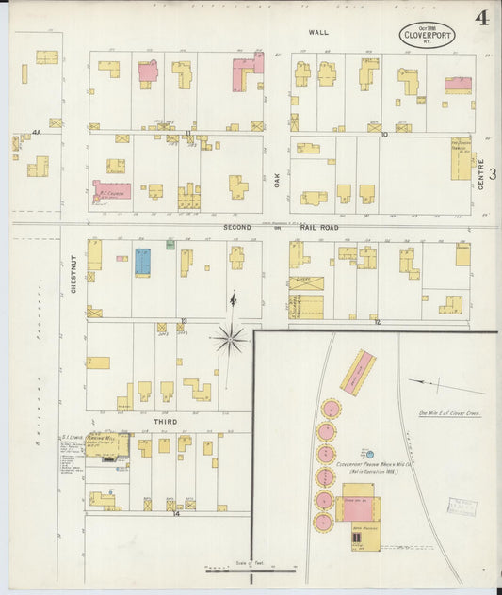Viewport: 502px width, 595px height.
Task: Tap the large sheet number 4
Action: pyautogui.click(x=481, y=18)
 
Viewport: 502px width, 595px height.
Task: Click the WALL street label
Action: pyautogui.click(x=316, y=32)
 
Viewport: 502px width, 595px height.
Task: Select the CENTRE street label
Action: pyautogui.click(x=481, y=174)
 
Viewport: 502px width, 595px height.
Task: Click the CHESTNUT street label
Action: pyautogui.click(x=73, y=274)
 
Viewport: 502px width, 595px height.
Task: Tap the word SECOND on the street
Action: pyautogui.click(x=237, y=228)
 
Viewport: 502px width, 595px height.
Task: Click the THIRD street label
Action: pyautogui.click(x=166, y=422)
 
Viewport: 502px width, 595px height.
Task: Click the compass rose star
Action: pyautogui.click(x=229, y=338)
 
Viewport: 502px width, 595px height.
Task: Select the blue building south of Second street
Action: pyautogui.click(x=142, y=261)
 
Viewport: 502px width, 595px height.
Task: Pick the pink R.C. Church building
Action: pyautogui.click(x=111, y=190)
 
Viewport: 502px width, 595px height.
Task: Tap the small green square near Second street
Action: pyautogui.click(x=170, y=245)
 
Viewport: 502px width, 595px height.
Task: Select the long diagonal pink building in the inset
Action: pyautogui.click(x=357, y=373)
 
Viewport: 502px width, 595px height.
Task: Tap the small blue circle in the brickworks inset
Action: pyautogui.click(x=369, y=454)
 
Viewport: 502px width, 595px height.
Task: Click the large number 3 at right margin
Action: pyautogui.click(x=492, y=173)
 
